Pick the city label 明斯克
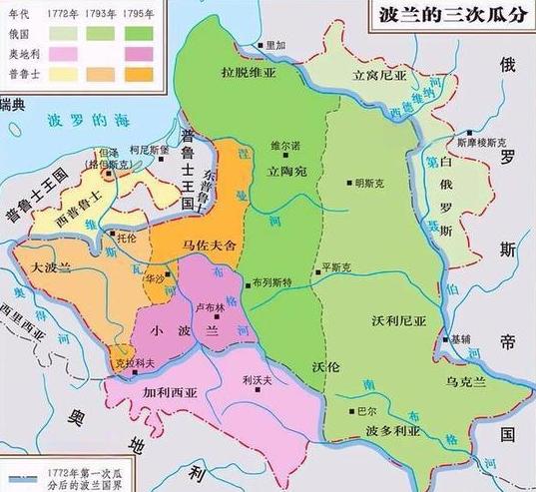[369, 183]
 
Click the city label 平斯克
[333, 267]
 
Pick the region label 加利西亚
[172, 394]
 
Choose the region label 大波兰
[52, 267]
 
